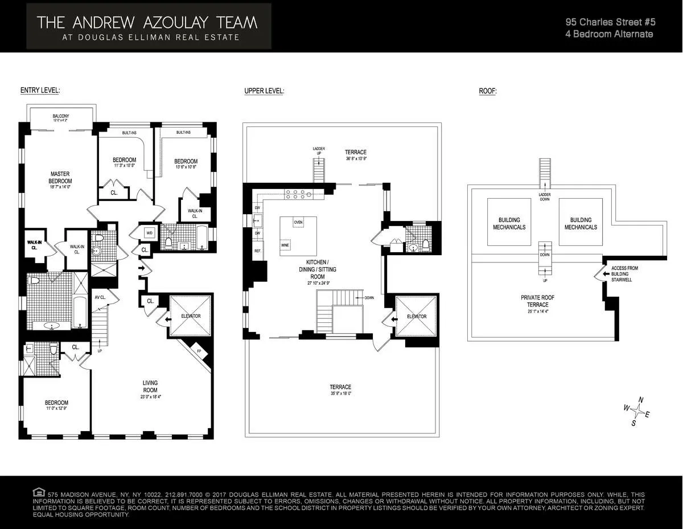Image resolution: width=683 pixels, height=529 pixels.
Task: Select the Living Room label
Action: [150, 386]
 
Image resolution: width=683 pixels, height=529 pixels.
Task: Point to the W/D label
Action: [150, 233]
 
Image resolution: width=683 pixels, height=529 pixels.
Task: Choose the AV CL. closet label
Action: [100, 297]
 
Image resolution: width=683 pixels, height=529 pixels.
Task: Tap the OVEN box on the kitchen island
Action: [298, 222]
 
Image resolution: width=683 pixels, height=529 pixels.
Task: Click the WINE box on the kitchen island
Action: [285, 245]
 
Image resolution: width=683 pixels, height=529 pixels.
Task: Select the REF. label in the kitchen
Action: [257, 251]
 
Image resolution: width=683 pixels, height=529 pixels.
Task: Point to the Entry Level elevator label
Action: [191, 316]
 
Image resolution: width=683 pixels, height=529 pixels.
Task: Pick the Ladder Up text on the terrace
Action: [319, 151]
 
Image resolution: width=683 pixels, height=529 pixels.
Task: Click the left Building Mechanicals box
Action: [509, 223]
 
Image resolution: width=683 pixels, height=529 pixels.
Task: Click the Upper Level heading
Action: [264, 91]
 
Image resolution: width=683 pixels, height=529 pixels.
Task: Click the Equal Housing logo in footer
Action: [39, 492]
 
